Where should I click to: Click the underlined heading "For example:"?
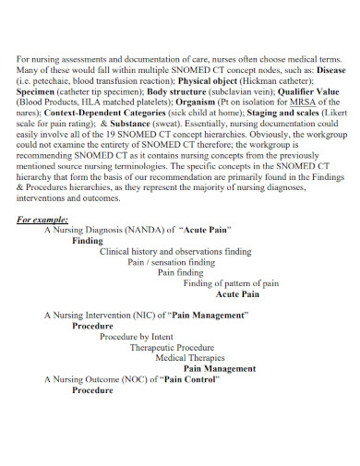(42, 220)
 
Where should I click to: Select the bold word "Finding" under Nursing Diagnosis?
(88, 240)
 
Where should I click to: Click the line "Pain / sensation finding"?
(171, 262)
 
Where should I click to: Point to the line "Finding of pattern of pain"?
(231, 283)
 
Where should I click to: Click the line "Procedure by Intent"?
(136, 337)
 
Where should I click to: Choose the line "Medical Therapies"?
(189, 358)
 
